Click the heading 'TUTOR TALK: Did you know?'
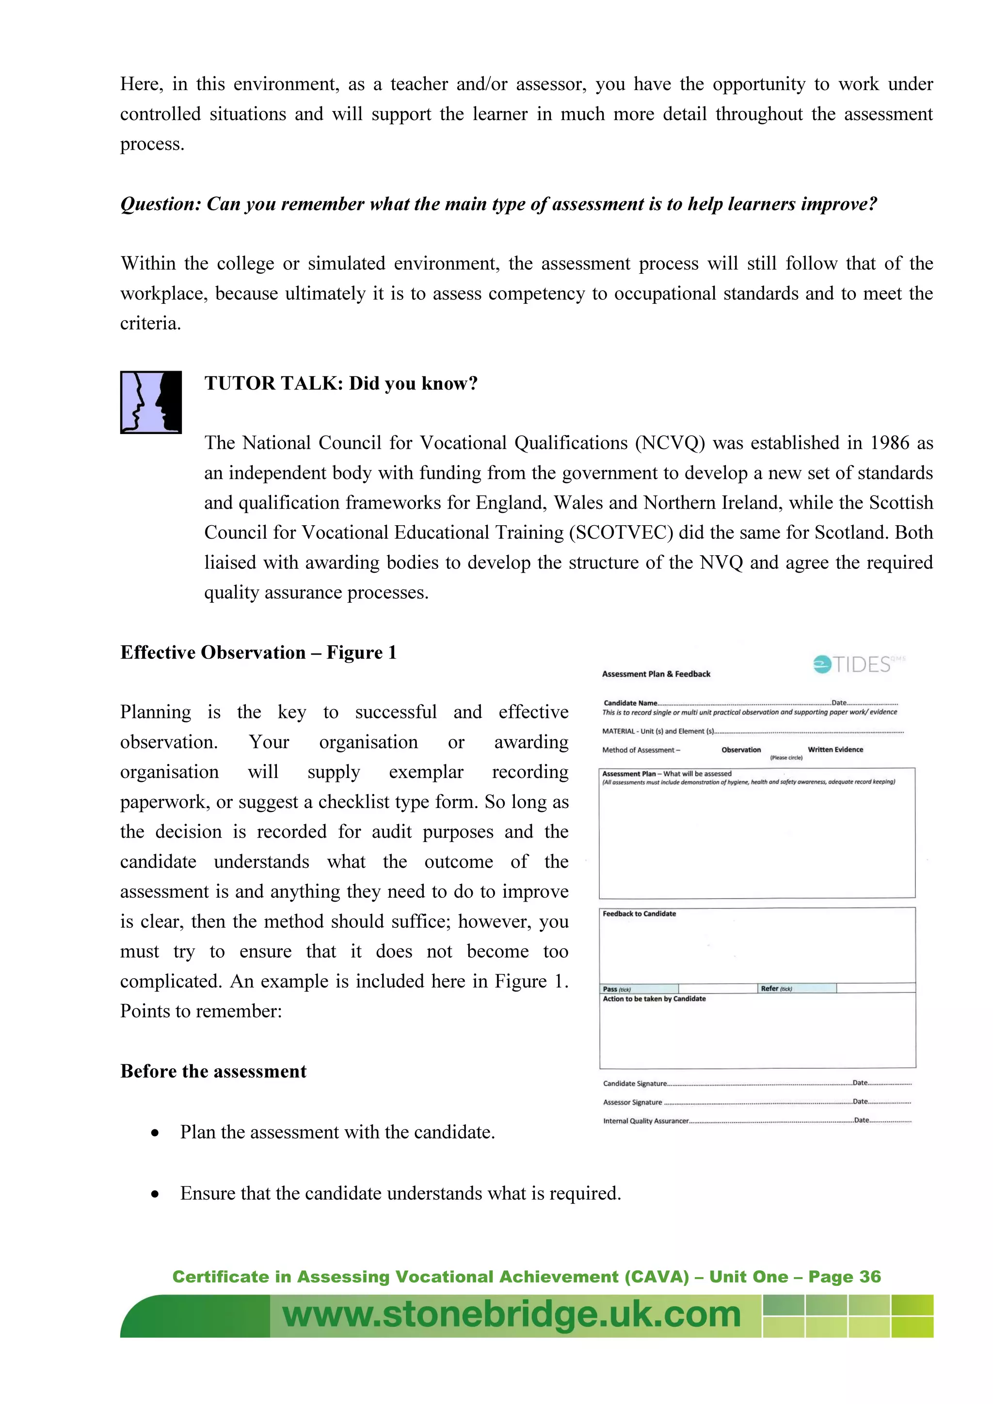point(341,383)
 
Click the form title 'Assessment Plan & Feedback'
point(656,674)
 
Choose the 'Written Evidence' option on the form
point(835,749)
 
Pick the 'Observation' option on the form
point(741,749)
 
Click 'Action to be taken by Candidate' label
point(654,998)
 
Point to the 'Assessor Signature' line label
point(632,1102)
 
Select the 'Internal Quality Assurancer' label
point(645,1121)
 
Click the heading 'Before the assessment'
point(213,1071)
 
